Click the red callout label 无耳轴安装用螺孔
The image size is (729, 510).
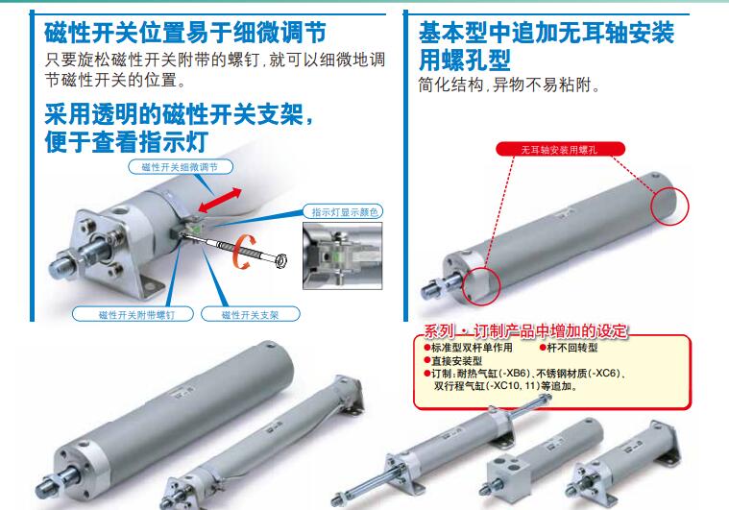point(560,149)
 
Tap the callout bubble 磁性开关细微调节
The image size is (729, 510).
point(181,167)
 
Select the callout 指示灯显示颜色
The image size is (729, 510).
point(343,211)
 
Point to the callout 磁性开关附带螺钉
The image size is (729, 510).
point(133,314)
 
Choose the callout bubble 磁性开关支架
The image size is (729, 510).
point(251,314)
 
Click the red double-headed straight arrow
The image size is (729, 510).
point(220,200)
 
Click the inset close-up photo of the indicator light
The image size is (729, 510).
point(343,255)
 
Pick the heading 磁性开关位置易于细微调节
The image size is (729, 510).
point(185,33)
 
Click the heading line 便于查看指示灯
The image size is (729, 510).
point(126,142)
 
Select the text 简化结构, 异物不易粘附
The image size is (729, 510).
point(509,85)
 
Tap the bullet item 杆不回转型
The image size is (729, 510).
point(569,348)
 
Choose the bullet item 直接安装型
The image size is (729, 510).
point(453,360)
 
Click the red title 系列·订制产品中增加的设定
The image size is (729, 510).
point(525,331)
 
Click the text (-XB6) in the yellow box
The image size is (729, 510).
point(514,374)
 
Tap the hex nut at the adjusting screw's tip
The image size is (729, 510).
point(280,260)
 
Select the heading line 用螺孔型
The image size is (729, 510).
point(465,60)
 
